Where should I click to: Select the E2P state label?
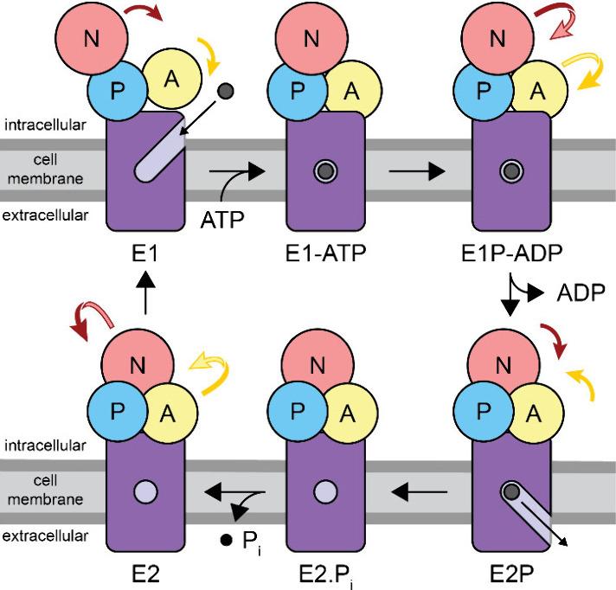[508, 572]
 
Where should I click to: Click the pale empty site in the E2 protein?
[144, 493]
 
